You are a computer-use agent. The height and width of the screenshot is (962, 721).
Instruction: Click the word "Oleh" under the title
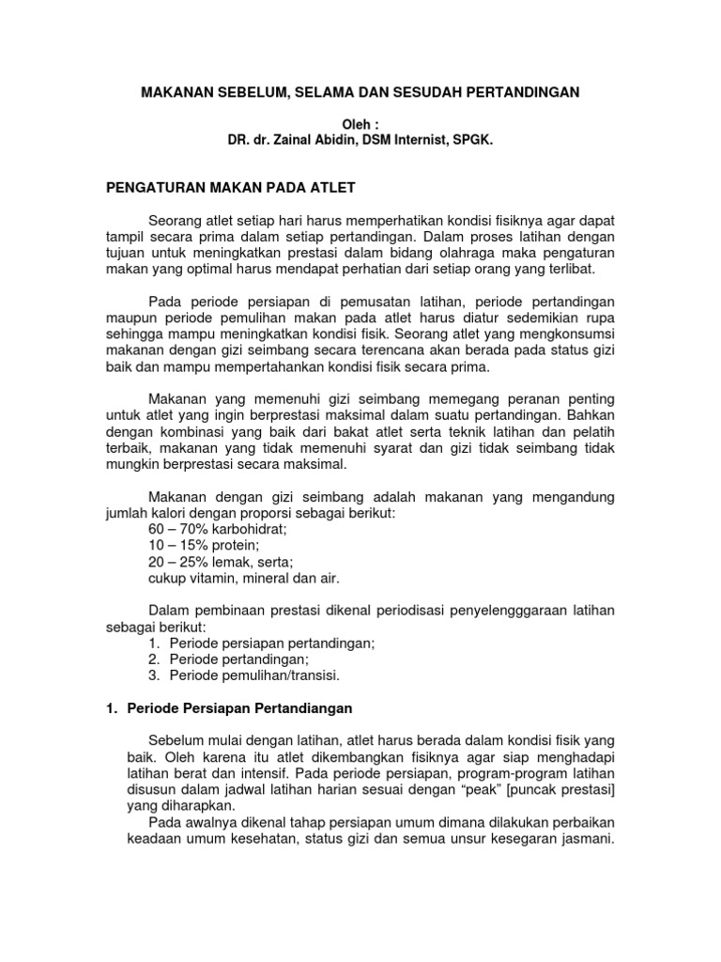coord(356,124)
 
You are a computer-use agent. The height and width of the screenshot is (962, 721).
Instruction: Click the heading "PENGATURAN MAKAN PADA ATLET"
coord(229,188)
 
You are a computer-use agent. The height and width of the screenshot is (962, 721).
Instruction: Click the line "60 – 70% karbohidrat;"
coord(218,530)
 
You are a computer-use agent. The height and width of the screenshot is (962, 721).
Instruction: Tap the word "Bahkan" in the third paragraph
coord(591,415)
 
